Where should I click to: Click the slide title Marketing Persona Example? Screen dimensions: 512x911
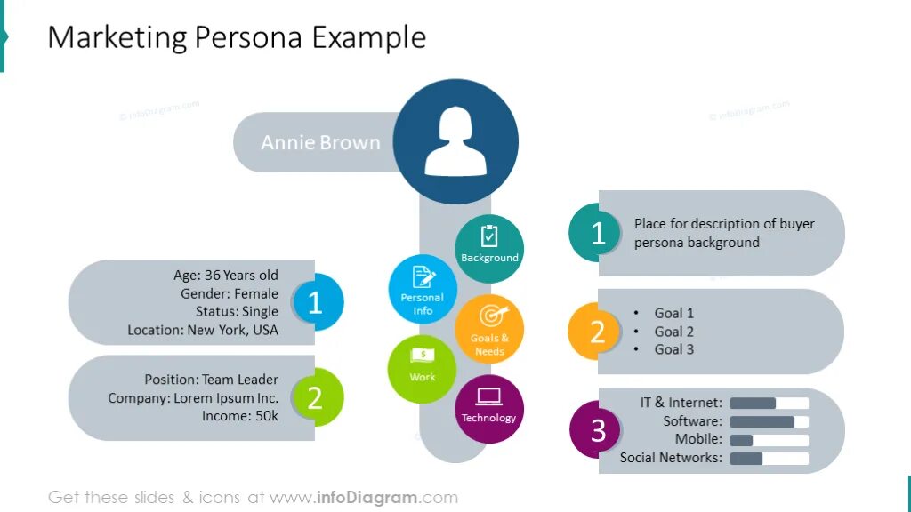[x=237, y=37]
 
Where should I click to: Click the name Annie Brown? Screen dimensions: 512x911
[x=320, y=142]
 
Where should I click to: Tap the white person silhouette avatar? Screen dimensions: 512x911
[x=455, y=141]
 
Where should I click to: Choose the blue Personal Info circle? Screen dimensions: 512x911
[x=423, y=289]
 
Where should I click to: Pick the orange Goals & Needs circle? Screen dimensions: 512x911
[x=489, y=329]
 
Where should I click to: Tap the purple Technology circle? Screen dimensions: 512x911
[x=488, y=409]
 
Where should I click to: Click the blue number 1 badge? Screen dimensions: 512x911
[x=315, y=303]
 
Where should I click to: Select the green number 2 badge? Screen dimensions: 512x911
[x=315, y=397]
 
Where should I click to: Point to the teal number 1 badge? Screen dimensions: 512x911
[x=597, y=233]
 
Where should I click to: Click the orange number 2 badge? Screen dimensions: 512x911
[x=597, y=332]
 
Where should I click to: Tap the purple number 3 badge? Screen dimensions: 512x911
[x=597, y=430]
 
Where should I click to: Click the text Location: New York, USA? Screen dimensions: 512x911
[x=202, y=330]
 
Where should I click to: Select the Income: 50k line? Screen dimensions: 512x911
[x=239, y=416]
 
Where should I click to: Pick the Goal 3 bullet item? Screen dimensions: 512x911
[x=673, y=349]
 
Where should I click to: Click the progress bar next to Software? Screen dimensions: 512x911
[x=769, y=421]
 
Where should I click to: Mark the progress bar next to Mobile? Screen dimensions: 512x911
[x=769, y=440]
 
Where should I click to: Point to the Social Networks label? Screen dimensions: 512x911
[x=671, y=458]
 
